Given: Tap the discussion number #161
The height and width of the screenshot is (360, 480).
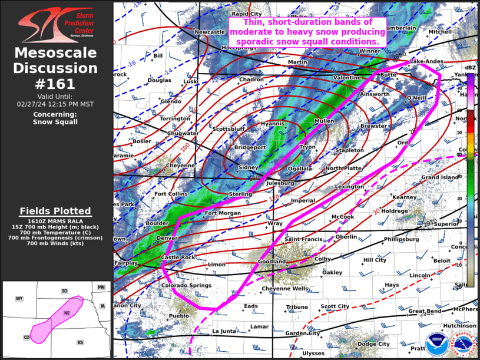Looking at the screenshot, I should [x=55, y=83].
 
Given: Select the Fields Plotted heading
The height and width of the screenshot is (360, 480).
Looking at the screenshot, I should [x=55, y=211].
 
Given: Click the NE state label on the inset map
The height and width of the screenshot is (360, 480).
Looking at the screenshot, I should [x=67, y=312].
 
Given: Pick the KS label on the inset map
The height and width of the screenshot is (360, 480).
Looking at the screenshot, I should [x=80, y=342].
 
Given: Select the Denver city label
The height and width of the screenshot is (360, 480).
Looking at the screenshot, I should [x=167, y=237].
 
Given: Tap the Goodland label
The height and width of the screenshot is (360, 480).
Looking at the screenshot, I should [x=272, y=261].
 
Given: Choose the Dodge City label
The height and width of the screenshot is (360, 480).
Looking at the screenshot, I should [x=373, y=344].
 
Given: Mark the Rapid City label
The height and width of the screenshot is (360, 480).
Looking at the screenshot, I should [x=247, y=14].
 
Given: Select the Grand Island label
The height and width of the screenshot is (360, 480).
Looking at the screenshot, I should [x=439, y=177].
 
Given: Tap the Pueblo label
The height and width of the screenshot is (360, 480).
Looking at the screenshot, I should [x=179, y=316].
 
